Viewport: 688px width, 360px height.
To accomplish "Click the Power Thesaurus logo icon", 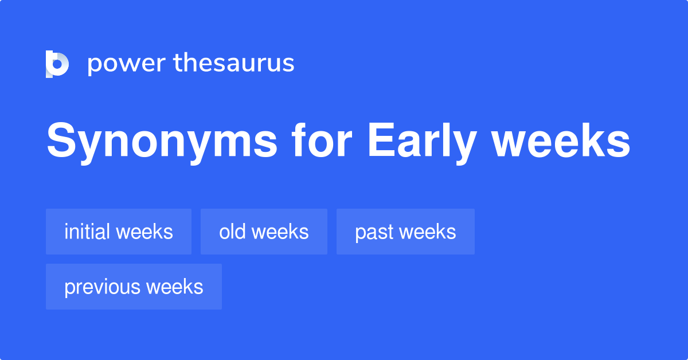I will [57, 64].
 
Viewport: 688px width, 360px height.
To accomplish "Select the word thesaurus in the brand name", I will [234, 64].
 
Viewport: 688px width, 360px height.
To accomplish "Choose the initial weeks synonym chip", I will [119, 232].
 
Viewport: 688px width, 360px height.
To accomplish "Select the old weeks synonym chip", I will [264, 232].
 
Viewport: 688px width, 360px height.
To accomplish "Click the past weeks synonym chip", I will [405, 232].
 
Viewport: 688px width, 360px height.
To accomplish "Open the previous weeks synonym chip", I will [134, 287].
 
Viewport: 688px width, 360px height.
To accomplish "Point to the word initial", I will [87, 232].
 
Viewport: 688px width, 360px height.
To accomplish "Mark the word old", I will [232, 232].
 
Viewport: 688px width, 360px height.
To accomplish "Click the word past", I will [374, 232].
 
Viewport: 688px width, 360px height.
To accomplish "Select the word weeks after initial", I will [144, 232].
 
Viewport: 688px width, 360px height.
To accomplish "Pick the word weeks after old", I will [280, 232].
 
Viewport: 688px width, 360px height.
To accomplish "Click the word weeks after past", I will [428, 232].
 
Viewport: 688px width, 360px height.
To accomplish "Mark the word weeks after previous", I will [174, 287].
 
